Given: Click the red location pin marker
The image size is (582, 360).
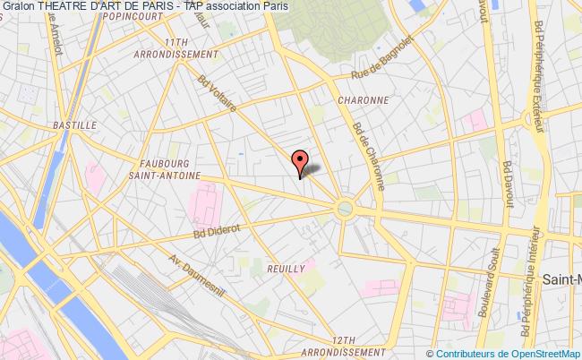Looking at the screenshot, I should pyautogui.click(x=299, y=163).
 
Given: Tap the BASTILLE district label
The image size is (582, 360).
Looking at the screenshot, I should pyautogui.click(x=75, y=125).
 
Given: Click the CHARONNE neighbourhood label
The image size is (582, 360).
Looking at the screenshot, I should pyautogui.click(x=363, y=100).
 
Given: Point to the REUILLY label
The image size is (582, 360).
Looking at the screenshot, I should pyautogui.click(x=287, y=268).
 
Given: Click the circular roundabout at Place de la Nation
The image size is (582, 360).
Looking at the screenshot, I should pyautogui.click(x=345, y=209).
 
